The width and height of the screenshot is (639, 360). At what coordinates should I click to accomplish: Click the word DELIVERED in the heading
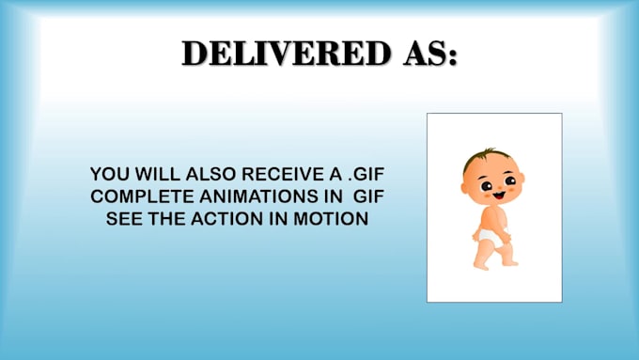[x=286, y=53]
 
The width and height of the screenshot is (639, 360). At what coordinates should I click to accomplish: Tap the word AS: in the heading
[x=430, y=53]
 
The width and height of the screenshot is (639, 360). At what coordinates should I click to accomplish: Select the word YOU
[x=106, y=174]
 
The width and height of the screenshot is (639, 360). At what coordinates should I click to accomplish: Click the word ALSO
[x=210, y=174]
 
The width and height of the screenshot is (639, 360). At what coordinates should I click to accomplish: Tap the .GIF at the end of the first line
[x=366, y=174]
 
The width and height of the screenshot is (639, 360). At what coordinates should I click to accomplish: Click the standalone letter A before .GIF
[x=335, y=174]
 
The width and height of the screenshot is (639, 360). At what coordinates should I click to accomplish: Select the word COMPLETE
[x=142, y=196]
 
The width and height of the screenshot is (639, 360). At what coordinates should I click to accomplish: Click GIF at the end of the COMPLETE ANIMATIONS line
[x=368, y=196]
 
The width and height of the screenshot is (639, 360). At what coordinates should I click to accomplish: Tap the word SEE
[x=124, y=219]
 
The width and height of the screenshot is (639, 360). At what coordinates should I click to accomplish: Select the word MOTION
[x=331, y=219]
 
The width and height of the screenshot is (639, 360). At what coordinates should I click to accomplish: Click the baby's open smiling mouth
[x=499, y=196]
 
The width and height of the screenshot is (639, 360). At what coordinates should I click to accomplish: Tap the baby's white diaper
[x=491, y=238]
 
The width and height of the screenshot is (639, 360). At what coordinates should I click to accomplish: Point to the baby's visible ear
[x=465, y=188]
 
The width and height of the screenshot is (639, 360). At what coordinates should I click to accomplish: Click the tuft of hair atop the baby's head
[x=489, y=152]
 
